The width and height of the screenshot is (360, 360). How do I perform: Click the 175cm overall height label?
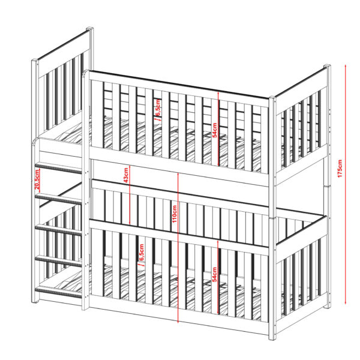click(340, 168)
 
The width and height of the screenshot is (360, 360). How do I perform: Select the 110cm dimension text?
click(175, 214)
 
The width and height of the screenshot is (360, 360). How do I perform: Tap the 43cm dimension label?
click(126, 175)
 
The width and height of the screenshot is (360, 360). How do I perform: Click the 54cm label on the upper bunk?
click(215, 130)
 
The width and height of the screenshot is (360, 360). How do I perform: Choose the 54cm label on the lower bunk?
click(214, 274)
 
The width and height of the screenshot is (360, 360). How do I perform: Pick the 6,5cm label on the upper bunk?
click(158, 108)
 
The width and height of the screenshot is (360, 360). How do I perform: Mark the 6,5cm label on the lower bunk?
click(142, 253)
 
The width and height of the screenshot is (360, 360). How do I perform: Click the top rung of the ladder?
click(58, 168)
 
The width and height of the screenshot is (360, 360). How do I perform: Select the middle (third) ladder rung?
click(58, 230)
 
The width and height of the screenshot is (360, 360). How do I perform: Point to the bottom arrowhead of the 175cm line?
click(346, 302)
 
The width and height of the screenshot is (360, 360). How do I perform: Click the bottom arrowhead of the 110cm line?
click(178, 321)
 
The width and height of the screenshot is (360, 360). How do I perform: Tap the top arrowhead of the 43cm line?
click(130, 166)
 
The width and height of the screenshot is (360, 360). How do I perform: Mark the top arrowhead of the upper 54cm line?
click(218, 93)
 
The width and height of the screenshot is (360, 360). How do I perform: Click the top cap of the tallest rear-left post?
click(90, 29)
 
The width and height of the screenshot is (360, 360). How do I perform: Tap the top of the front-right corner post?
click(272, 98)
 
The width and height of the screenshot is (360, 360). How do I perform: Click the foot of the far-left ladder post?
click(35, 301)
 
